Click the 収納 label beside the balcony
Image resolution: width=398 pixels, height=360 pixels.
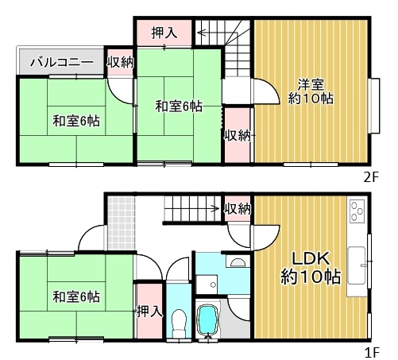(x=120, y=62)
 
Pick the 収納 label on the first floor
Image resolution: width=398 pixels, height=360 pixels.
(x=238, y=209)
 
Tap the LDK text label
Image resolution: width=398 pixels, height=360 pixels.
(x=311, y=259)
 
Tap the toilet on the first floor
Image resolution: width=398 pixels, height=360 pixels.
(x=179, y=320)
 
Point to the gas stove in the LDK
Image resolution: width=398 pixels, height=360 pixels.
(x=356, y=212)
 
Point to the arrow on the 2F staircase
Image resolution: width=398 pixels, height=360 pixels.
(x=200, y=33)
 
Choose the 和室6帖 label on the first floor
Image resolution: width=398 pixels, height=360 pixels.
(x=76, y=297)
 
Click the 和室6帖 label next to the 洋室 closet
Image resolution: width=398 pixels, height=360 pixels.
(x=179, y=106)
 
